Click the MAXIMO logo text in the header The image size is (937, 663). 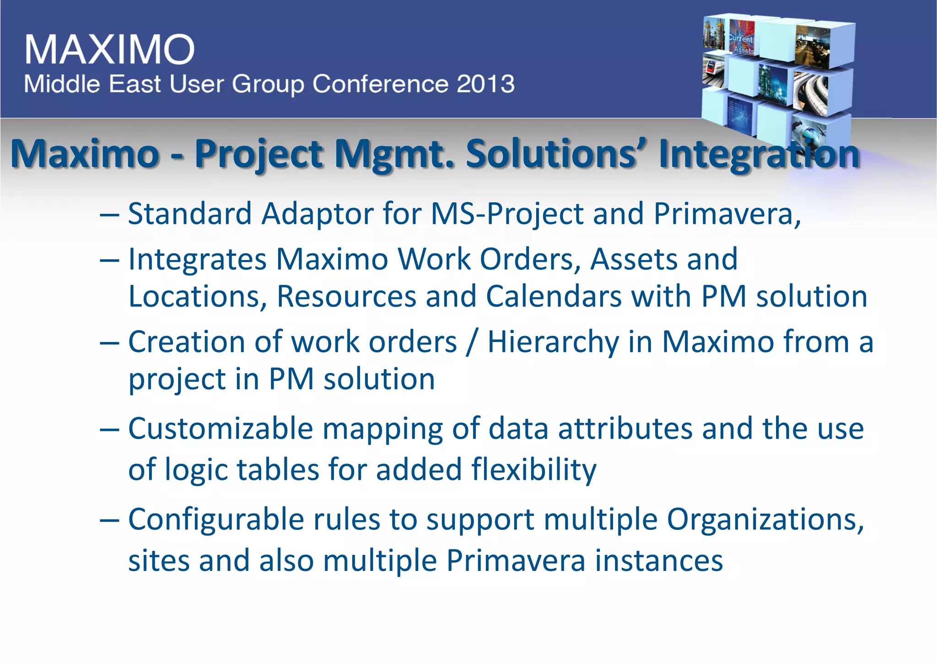pyautogui.click(x=110, y=49)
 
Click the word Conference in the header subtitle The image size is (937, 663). pyautogui.click(x=380, y=84)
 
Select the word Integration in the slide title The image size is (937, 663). pyautogui.click(x=759, y=154)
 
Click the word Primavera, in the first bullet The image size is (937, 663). pyautogui.click(x=727, y=214)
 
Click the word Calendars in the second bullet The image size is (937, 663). pyautogui.click(x=554, y=296)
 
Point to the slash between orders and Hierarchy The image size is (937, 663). pyautogui.click(x=472, y=342)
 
